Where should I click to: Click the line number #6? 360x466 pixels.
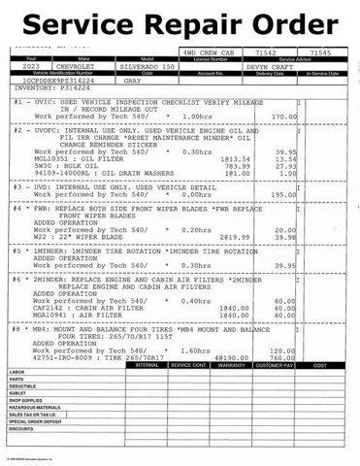click(x=17, y=279)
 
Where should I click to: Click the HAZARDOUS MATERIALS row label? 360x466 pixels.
click(x=35, y=407)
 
